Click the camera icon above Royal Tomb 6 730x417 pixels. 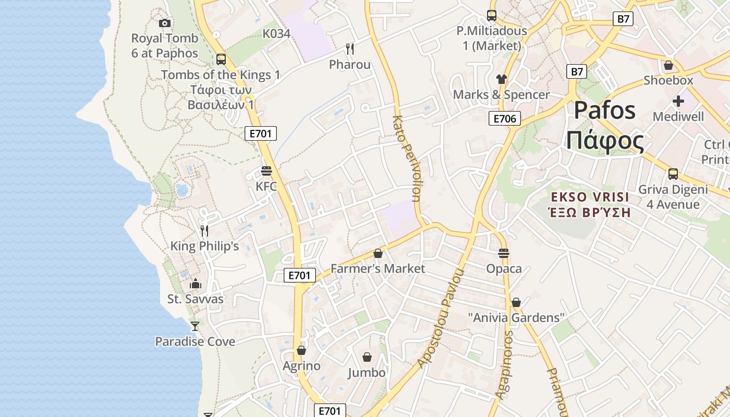165,23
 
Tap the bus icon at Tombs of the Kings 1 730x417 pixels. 221,59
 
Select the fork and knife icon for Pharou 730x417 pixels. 350,49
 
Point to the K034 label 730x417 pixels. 276,33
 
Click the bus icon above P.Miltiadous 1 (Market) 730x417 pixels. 492,16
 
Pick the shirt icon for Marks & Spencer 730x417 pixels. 502,79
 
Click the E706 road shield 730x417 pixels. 505,119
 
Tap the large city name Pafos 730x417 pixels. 605,111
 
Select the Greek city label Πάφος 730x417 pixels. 605,140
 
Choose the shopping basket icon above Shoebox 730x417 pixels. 668,66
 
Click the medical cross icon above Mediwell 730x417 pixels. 678,101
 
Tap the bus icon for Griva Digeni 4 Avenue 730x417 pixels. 673,174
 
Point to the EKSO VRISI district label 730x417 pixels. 590,197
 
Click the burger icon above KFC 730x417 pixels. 266,171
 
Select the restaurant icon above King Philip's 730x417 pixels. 204,230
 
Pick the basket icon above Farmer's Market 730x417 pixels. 378,253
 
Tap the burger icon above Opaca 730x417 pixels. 504,253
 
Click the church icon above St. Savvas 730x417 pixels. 196,284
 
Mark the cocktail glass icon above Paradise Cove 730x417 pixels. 195,326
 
